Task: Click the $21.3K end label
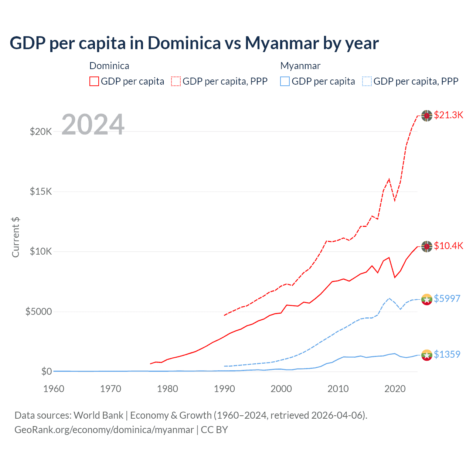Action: [x=448, y=115]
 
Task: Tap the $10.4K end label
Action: [x=448, y=246]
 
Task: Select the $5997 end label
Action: [x=447, y=299]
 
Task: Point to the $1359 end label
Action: [x=447, y=354]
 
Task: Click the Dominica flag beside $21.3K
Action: [x=427, y=116]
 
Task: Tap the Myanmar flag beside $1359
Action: [x=427, y=355]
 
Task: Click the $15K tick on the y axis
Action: [x=41, y=191]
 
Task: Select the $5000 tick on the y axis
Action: [x=38, y=312]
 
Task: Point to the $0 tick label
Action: [x=46, y=371]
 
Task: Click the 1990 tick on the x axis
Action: [x=224, y=389]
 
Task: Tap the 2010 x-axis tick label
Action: [x=338, y=389]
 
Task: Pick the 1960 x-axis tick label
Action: [x=54, y=389]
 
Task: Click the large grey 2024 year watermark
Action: [x=93, y=125]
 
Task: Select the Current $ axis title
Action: [x=16, y=237]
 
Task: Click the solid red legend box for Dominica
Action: [x=94, y=81]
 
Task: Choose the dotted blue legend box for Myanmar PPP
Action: [x=367, y=81]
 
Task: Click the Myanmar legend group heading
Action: [x=300, y=66]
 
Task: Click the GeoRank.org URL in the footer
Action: [x=104, y=430]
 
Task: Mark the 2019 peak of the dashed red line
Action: [x=389, y=179]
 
